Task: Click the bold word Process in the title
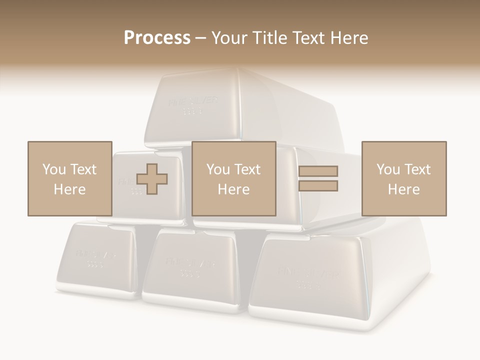click(157, 37)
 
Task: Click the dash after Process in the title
click(201, 38)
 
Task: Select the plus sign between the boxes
click(152, 178)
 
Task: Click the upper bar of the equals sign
click(318, 171)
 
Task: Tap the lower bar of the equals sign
click(318, 186)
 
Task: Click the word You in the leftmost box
click(53, 169)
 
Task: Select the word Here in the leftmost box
click(69, 189)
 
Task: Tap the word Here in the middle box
click(233, 189)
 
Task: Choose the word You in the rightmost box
click(388, 169)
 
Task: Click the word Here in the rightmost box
click(403, 189)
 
